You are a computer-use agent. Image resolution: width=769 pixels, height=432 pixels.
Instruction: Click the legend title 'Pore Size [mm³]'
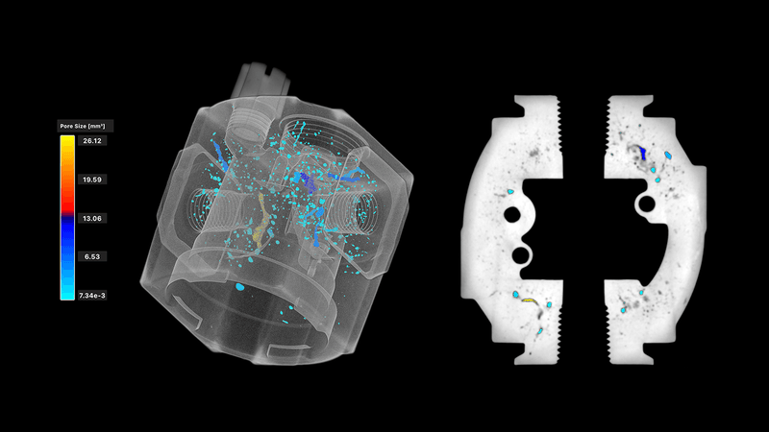point(83,126)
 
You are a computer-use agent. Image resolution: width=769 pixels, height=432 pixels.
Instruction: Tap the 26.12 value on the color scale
point(92,141)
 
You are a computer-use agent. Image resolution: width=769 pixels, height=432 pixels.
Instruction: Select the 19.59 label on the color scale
point(92,180)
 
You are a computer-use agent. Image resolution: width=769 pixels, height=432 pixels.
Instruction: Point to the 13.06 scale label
point(92,219)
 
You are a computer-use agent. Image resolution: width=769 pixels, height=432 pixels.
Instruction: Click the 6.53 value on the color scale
point(92,256)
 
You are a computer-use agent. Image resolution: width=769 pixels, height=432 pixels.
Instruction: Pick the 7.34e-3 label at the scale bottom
point(92,296)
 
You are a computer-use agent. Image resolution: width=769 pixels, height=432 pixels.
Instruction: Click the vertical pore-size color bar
point(67,218)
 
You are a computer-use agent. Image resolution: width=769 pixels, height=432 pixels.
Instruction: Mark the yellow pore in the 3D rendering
point(261,221)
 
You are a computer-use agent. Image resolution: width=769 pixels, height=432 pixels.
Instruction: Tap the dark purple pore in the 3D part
point(308,181)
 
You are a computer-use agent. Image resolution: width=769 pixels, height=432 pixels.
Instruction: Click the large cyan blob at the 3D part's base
point(239,286)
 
